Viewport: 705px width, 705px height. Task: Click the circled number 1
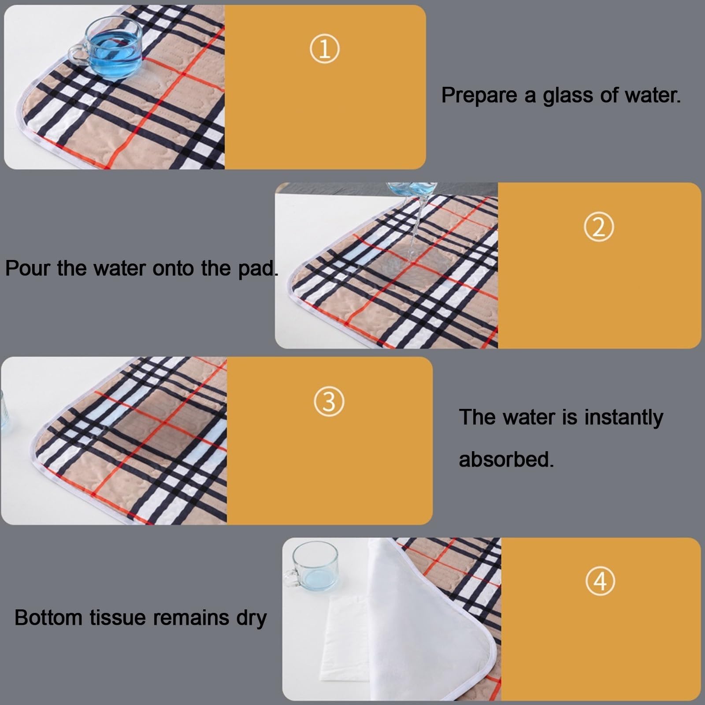[x=324, y=49]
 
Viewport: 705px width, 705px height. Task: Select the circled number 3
[x=329, y=401]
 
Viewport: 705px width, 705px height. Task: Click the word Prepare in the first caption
[x=479, y=96]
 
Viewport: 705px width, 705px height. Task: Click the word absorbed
[x=506, y=459]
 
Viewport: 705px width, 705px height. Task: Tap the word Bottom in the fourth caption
[x=48, y=617]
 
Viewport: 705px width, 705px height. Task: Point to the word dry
[x=251, y=618]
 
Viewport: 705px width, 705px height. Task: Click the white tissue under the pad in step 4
[x=348, y=634]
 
